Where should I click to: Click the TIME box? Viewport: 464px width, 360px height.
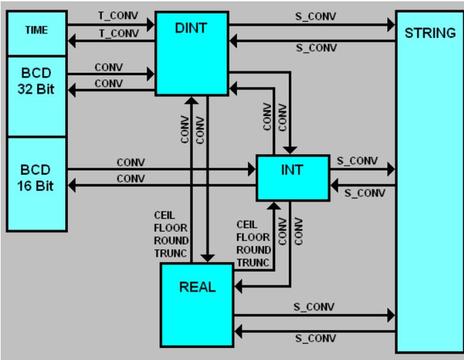point(36,30)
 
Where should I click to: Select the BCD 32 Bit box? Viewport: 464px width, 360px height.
point(36,95)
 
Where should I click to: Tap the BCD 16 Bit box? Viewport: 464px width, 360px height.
point(36,184)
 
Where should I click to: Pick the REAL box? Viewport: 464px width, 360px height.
point(197,287)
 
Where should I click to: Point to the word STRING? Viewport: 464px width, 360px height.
point(430,33)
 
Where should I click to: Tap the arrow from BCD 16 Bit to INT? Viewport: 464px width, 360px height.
point(161,171)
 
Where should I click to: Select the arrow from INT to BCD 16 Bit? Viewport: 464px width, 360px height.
point(161,187)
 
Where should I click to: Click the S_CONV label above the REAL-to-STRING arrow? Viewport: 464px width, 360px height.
point(312,307)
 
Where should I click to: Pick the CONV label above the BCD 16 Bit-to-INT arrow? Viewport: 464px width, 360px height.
point(131,162)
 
